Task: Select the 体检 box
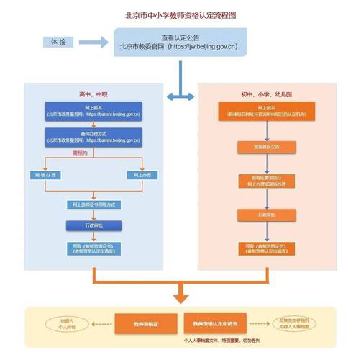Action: tap(58, 42)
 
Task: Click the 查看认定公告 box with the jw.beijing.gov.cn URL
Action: tap(180, 43)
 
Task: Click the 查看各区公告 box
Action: tap(266, 147)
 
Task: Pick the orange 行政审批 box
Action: tap(266, 215)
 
